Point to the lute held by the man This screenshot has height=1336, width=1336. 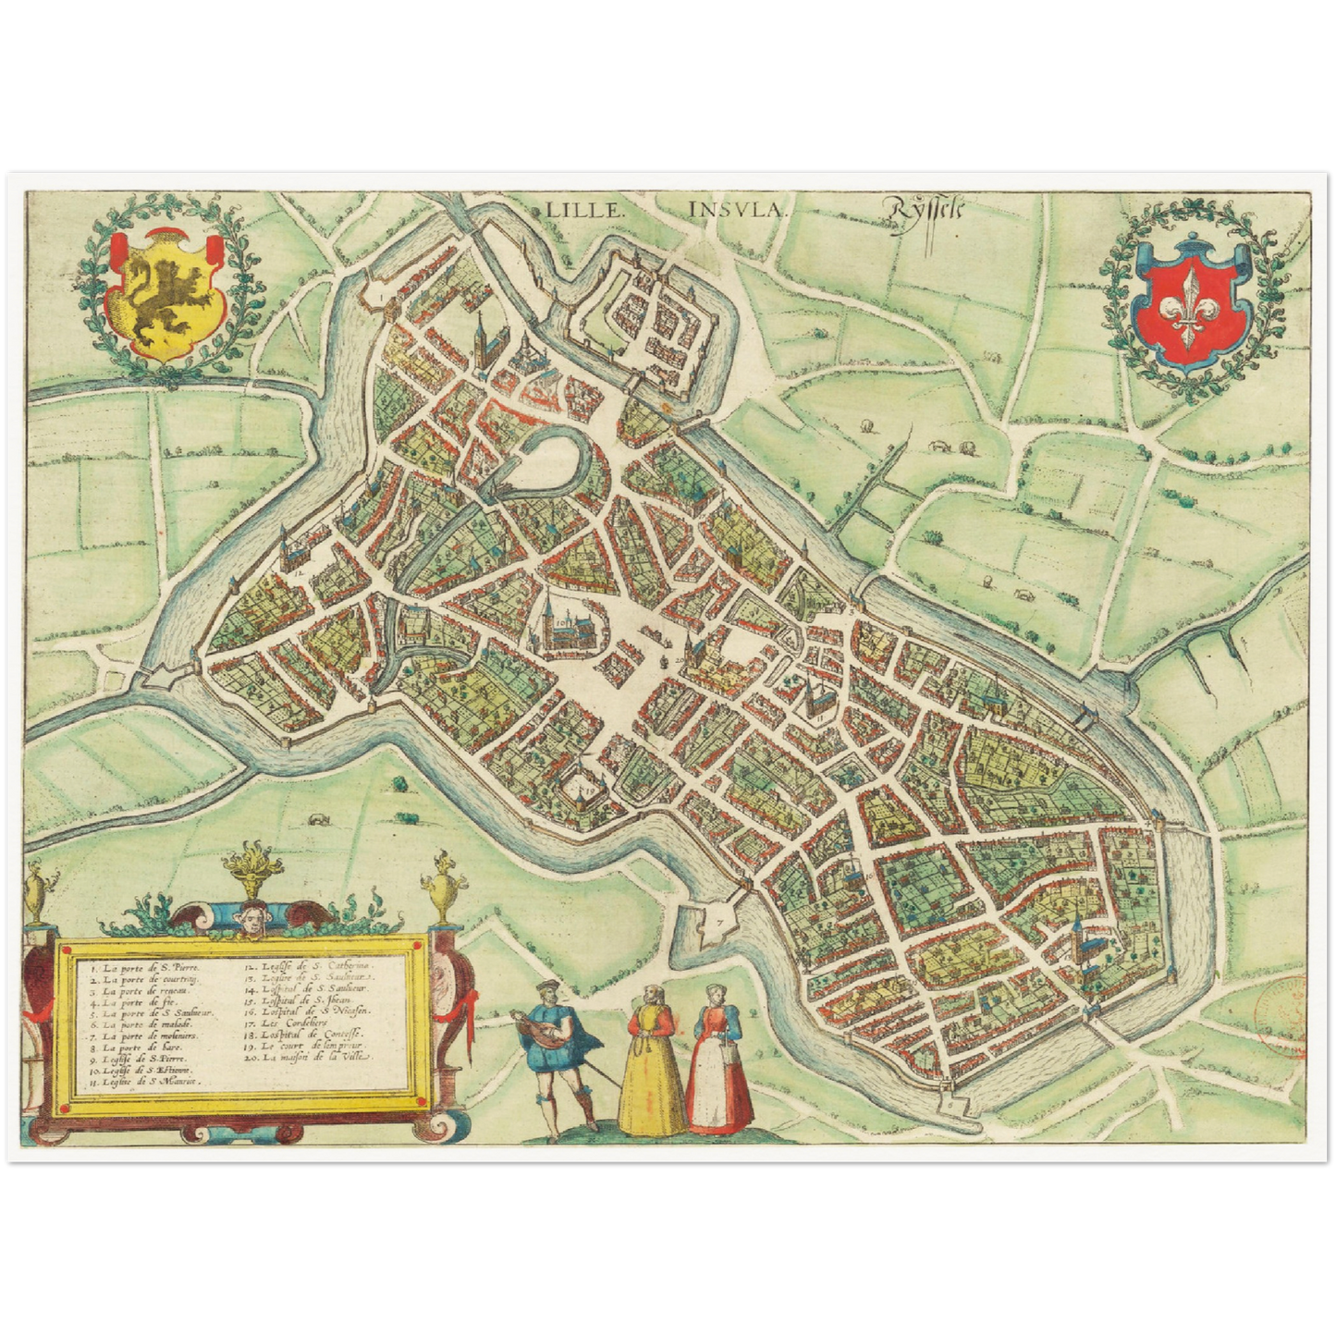540,1028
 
